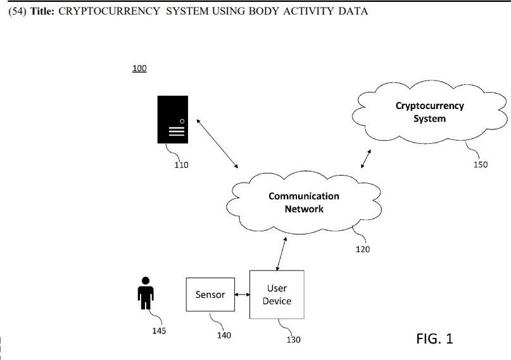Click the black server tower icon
click(x=173, y=119)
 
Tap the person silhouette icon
click(x=146, y=293)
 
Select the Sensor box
click(x=210, y=295)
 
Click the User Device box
click(x=277, y=295)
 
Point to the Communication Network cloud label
click(x=304, y=203)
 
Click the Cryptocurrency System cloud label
click(x=429, y=112)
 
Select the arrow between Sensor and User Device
click(x=242, y=295)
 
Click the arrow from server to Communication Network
click(x=217, y=143)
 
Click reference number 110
click(x=181, y=165)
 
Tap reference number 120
click(x=362, y=249)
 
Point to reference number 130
click(x=293, y=340)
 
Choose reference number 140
click(x=224, y=335)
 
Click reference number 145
click(x=160, y=331)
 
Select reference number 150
click(x=481, y=165)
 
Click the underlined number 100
click(x=139, y=68)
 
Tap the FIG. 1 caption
click(x=434, y=338)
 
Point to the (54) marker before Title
click(x=17, y=11)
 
